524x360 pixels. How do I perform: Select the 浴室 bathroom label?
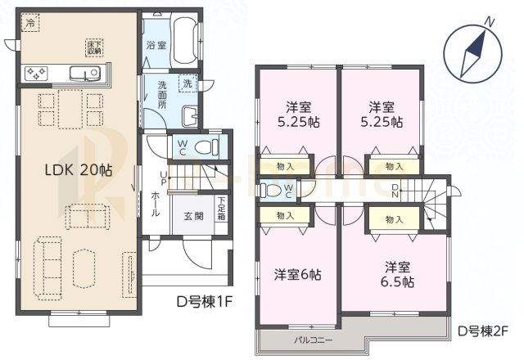[x=156, y=47]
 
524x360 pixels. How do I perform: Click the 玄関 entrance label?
[x=193, y=216]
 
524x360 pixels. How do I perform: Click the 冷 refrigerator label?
[x=30, y=25]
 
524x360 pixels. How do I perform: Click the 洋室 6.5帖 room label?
[x=396, y=274]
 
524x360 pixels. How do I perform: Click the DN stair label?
[x=395, y=191]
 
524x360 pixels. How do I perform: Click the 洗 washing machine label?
[x=187, y=83]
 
